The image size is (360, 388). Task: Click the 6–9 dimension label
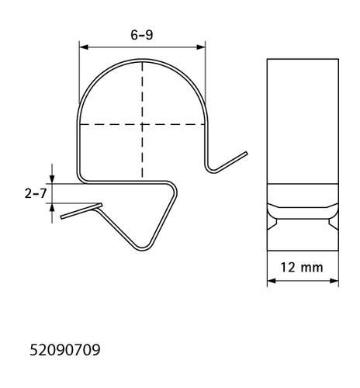click(x=142, y=35)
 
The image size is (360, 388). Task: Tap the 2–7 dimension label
click(x=36, y=193)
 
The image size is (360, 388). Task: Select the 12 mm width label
click(x=302, y=267)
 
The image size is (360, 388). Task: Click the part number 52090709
click(x=65, y=350)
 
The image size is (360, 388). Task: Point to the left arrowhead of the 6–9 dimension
click(x=84, y=47)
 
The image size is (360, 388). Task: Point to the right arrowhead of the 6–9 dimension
click(x=201, y=47)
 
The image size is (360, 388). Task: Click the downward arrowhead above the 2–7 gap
click(x=52, y=179)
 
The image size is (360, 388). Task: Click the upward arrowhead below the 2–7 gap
click(x=52, y=208)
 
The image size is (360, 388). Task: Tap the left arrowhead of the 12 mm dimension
click(x=272, y=281)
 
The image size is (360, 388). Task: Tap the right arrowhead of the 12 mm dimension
click(x=334, y=281)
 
